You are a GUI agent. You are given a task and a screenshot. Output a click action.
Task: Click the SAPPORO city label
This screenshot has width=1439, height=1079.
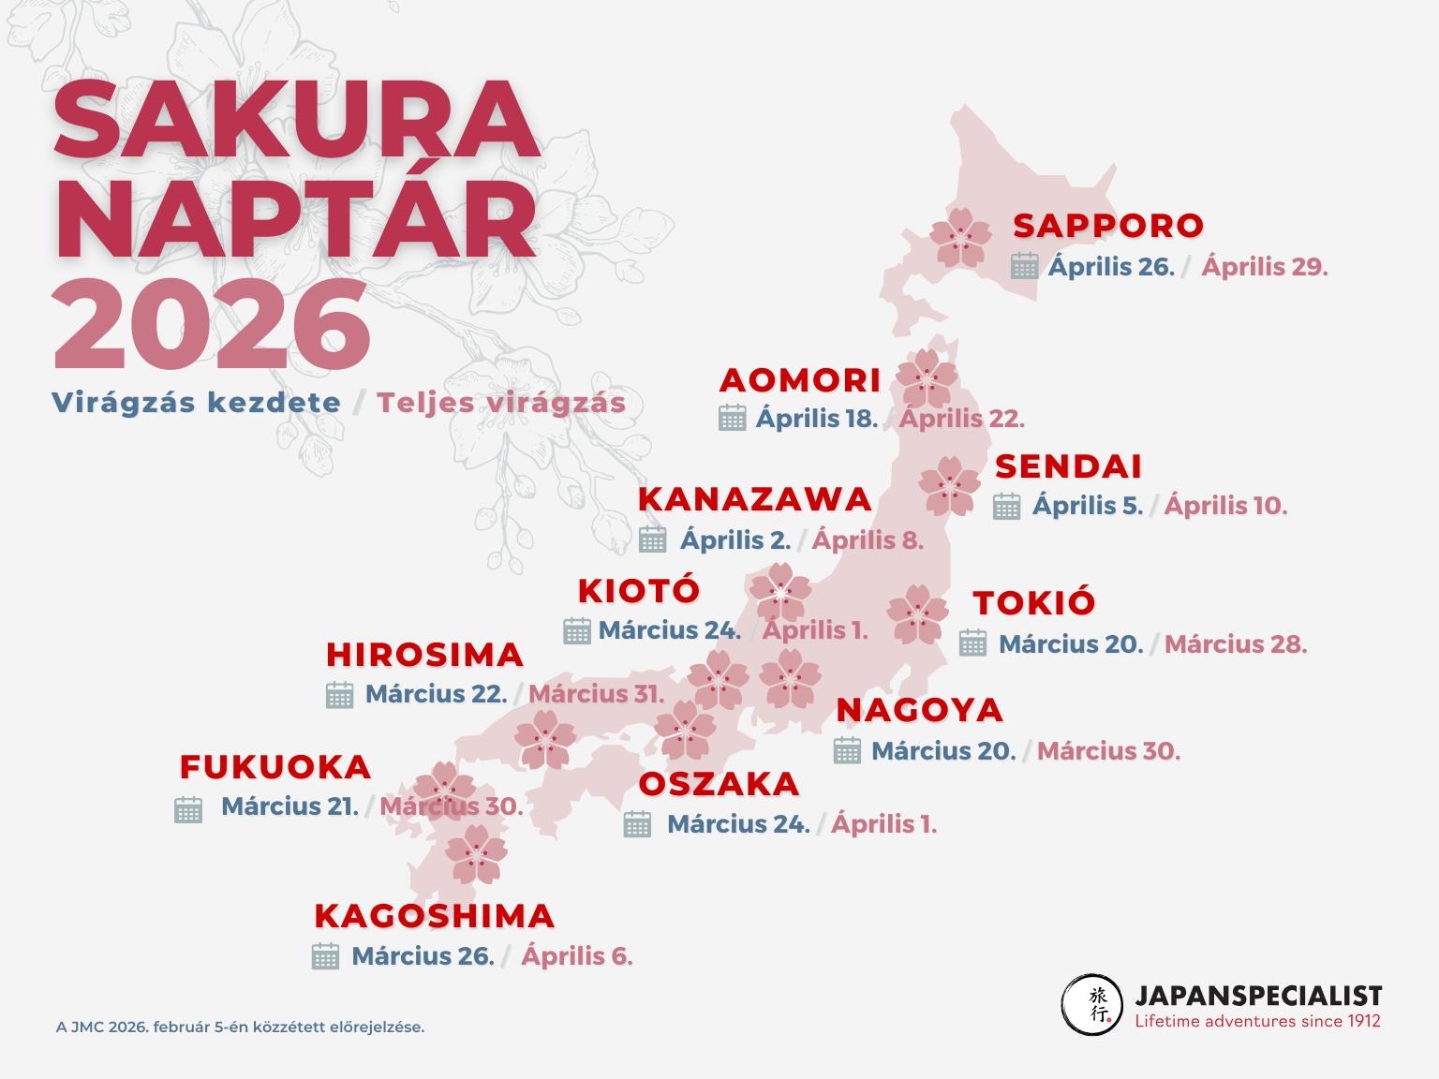point(1108,226)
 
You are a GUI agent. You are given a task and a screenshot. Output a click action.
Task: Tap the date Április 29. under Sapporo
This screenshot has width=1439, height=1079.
point(1264,267)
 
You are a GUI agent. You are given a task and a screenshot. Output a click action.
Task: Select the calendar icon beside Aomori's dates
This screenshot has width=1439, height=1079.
point(733,418)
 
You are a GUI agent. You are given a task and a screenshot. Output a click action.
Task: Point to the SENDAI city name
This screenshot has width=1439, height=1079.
point(1068,466)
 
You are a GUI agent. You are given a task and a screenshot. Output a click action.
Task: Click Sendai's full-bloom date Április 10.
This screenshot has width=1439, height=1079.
point(1225,506)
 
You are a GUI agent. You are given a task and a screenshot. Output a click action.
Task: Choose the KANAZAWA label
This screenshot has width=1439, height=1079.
point(754,499)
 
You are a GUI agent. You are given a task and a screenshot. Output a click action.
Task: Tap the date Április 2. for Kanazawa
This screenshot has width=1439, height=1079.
point(735,540)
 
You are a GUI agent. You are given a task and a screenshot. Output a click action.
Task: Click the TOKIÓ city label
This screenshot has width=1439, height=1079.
point(1033,603)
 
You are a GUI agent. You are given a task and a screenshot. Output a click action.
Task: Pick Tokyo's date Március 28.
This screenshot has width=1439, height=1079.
point(1235,644)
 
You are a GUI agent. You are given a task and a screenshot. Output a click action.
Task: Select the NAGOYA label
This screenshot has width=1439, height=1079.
point(919,710)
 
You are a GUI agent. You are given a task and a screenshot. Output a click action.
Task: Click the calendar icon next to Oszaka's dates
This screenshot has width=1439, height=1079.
point(637,824)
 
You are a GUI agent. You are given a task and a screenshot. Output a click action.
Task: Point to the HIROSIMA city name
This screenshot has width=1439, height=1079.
point(424,655)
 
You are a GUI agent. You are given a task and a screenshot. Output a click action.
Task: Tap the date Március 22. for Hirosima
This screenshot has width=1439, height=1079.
point(436,694)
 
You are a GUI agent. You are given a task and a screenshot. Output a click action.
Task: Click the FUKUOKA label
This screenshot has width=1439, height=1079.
point(275,767)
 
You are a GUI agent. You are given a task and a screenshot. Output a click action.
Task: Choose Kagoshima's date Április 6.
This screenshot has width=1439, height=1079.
point(577,956)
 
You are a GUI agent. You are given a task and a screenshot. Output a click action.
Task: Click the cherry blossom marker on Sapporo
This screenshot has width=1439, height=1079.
point(960,238)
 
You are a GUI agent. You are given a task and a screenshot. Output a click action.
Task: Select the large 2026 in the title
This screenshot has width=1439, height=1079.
point(213,325)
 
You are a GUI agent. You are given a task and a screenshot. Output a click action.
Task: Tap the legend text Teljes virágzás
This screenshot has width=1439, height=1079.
point(500,403)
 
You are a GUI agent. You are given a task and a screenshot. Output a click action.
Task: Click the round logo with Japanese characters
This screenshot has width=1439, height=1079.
point(1092,1005)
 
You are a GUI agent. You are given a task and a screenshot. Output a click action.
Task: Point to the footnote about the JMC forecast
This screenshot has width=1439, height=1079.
point(240,1027)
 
